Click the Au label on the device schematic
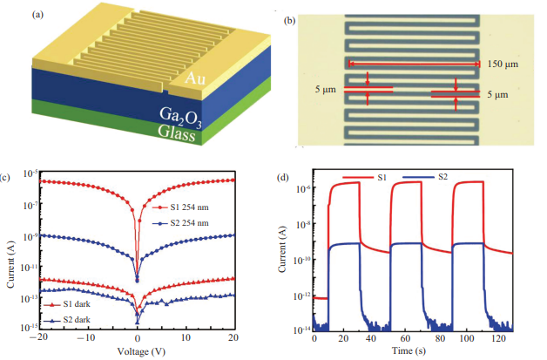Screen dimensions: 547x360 coord(195,78)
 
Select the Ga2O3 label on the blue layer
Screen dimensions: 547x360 coord(180,117)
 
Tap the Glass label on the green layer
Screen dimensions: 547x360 coord(176,132)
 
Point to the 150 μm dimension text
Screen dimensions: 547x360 coord(503,64)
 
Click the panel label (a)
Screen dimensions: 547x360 coord(37,15)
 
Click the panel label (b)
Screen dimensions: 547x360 coord(289,21)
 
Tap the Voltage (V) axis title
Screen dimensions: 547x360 coord(141,351)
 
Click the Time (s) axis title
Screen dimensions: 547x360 coord(409,350)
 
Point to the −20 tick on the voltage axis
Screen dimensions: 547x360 coord(38,337)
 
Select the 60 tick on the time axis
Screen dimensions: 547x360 coord(405,338)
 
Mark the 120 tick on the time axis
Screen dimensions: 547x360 coord(498,338)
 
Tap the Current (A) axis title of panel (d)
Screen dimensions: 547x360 coord(282,249)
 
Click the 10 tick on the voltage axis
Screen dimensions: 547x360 coord(186,337)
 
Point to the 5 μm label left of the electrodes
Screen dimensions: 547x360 coord(326,90)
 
